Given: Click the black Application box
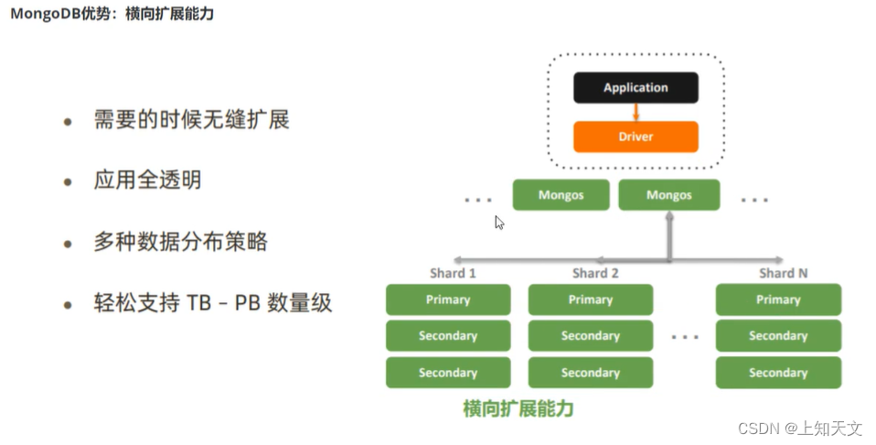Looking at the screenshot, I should click(636, 88).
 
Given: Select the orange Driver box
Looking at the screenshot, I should click(636, 136).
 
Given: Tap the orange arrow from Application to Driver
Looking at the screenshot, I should click(636, 112).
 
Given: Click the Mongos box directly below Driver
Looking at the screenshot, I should click(668, 195).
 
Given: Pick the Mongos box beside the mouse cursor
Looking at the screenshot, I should click(561, 195).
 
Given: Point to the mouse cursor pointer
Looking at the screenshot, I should click(499, 222).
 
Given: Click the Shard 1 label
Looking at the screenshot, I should click(453, 273).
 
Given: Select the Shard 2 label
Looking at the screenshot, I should click(595, 273).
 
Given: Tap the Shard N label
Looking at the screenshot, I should click(783, 273).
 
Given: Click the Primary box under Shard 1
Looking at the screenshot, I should click(448, 299).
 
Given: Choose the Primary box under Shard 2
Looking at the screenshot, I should click(591, 299).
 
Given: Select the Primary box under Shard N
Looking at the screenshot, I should click(778, 299).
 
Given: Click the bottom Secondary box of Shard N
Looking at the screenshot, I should click(778, 373).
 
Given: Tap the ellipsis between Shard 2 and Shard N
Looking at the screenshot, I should click(684, 337).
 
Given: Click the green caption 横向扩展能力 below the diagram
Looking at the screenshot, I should click(518, 408).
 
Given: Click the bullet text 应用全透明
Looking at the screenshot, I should click(147, 180).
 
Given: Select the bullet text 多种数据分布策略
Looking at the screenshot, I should click(180, 242).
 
